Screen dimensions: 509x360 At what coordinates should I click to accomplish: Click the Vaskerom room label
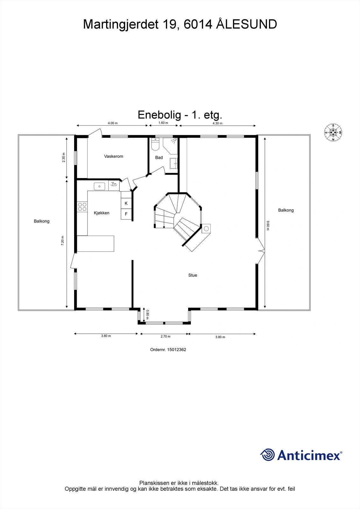(113, 156)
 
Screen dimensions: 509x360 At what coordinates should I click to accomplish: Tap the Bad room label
(159, 157)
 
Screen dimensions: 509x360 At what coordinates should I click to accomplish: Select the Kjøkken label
(102, 213)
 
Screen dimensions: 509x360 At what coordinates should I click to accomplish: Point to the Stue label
(193, 275)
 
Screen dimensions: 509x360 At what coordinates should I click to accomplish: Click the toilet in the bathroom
(155, 145)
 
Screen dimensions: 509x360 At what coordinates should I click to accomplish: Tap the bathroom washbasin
(174, 164)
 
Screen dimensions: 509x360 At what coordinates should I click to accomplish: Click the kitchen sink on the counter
(100, 186)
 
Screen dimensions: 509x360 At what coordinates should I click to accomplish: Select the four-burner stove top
(82, 207)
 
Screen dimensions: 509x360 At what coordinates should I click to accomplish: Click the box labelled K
(126, 203)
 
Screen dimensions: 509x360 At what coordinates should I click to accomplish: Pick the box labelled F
(126, 214)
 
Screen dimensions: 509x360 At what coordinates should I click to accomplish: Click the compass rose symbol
(333, 132)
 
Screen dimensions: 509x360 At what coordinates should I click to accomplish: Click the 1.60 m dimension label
(163, 123)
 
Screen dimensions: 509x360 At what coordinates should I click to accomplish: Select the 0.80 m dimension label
(147, 315)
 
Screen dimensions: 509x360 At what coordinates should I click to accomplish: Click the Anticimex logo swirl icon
(267, 455)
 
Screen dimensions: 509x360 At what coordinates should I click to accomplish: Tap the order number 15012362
(177, 350)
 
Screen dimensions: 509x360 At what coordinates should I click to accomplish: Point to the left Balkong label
(42, 221)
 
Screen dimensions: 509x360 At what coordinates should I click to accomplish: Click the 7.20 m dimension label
(63, 241)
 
